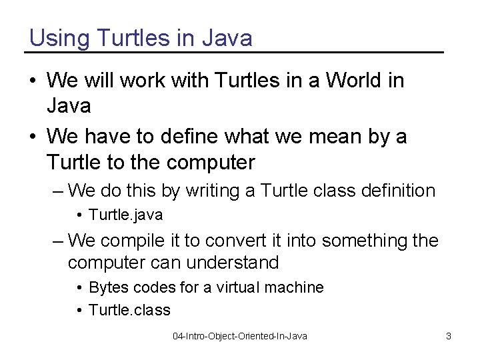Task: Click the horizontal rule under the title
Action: (235, 52)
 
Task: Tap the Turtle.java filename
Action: (125, 215)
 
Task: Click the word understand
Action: (232, 263)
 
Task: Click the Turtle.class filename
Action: (129, 310)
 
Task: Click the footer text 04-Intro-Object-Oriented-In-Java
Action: (240, 336)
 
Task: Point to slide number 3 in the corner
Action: (449, 336)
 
